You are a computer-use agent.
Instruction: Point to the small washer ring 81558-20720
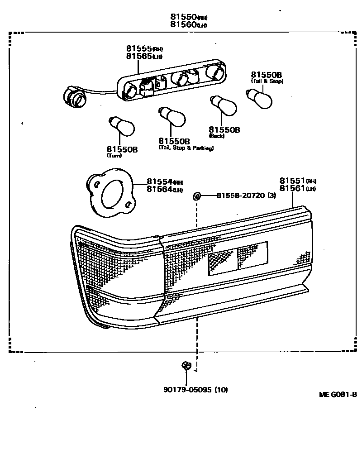[x=197, y=196]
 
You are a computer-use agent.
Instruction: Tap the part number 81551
[x=292, y=180]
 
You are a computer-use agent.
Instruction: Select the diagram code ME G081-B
[x=338, y=394]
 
